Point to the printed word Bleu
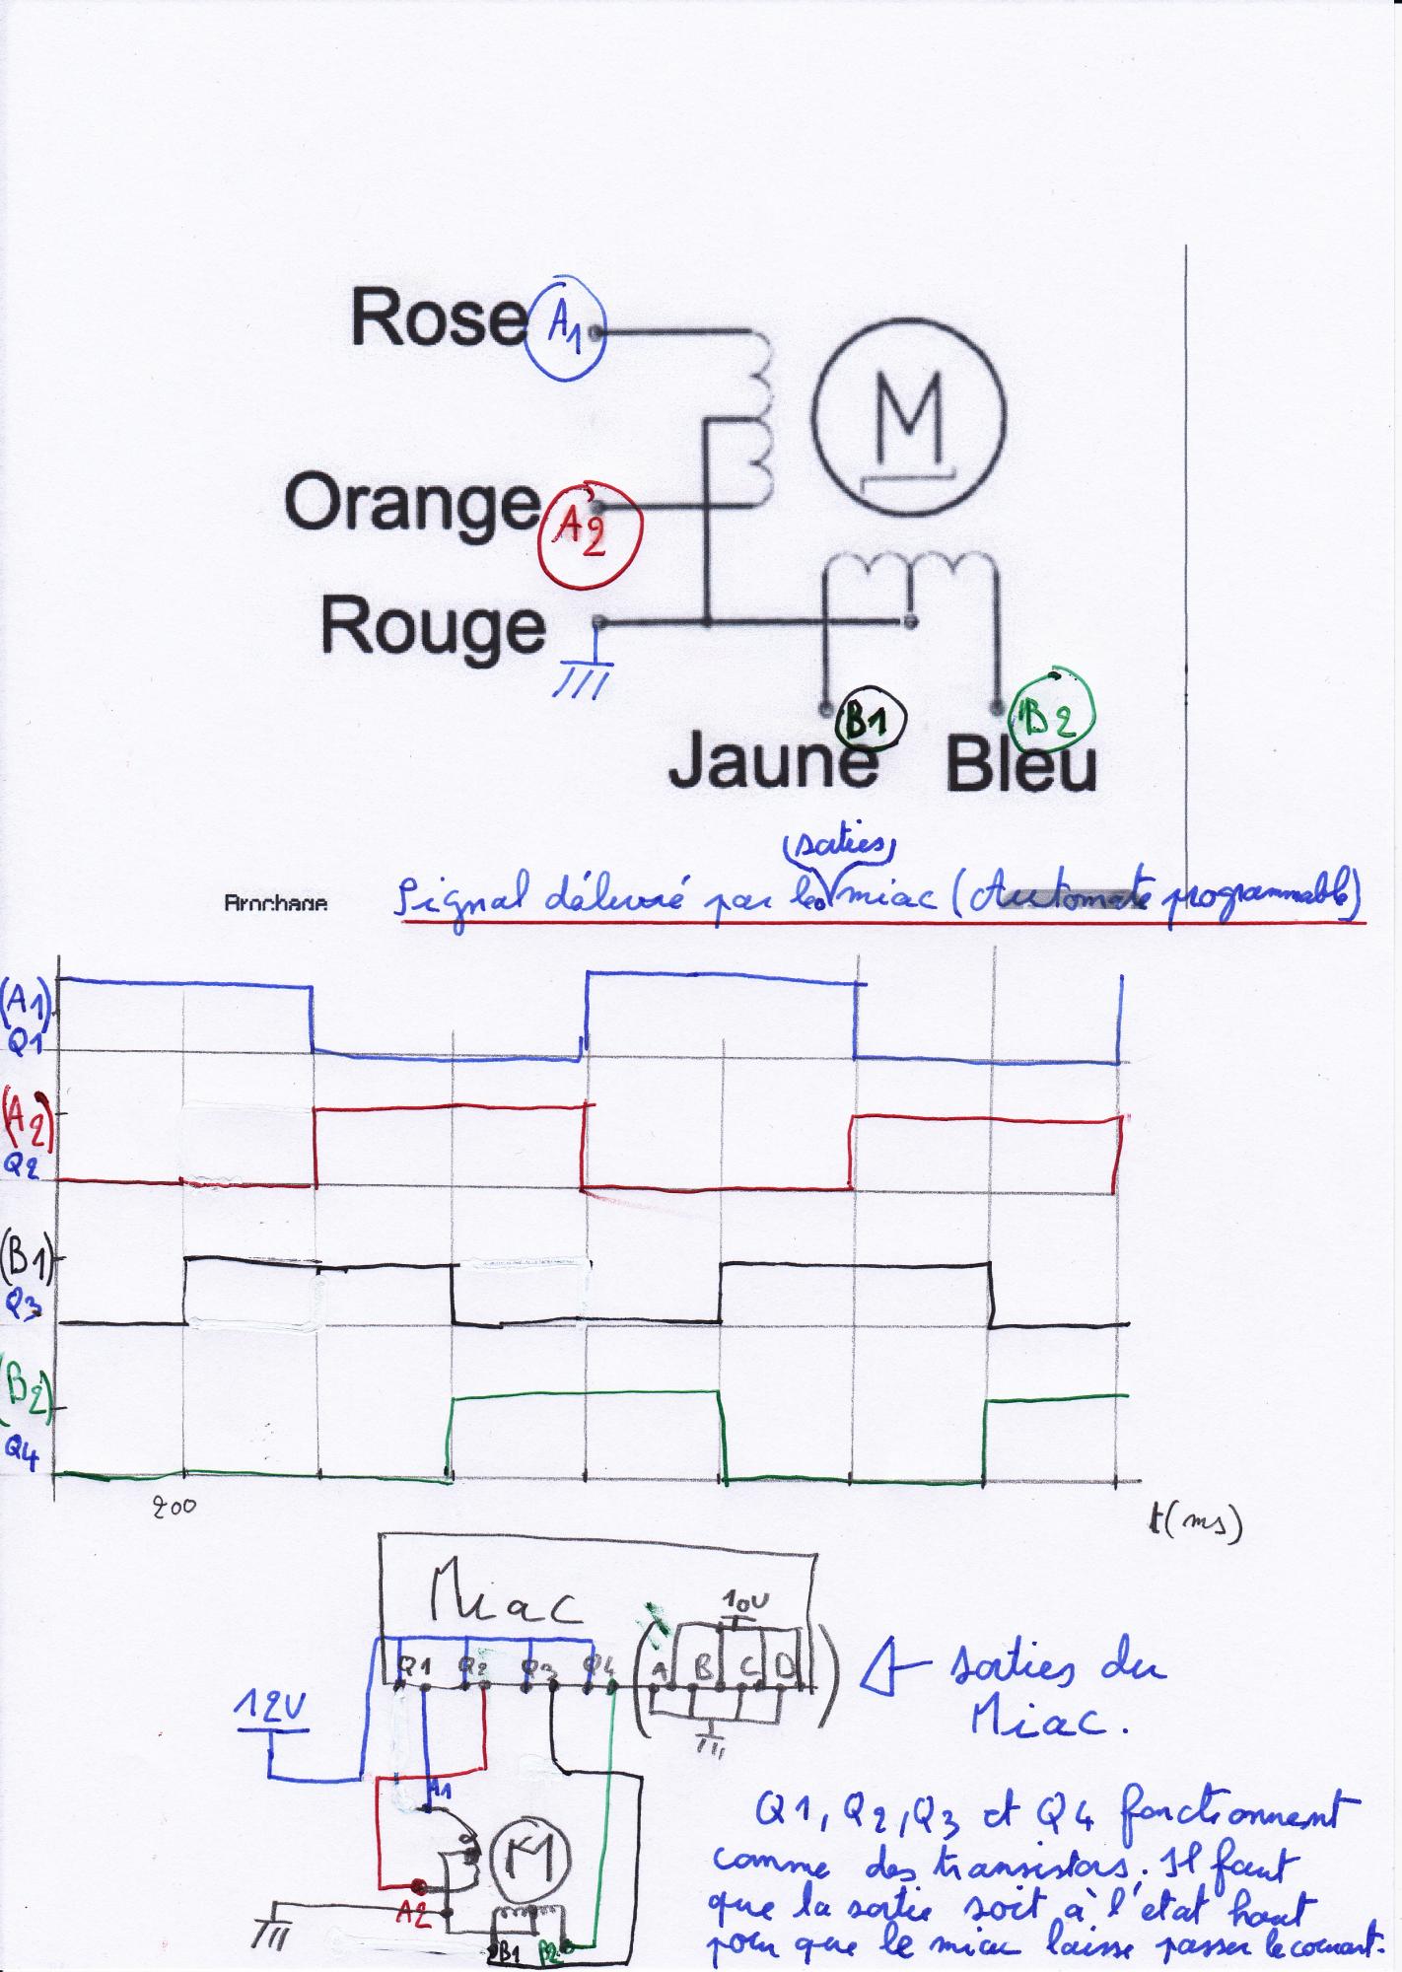coord(1020,766)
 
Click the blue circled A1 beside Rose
coord(565,332)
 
